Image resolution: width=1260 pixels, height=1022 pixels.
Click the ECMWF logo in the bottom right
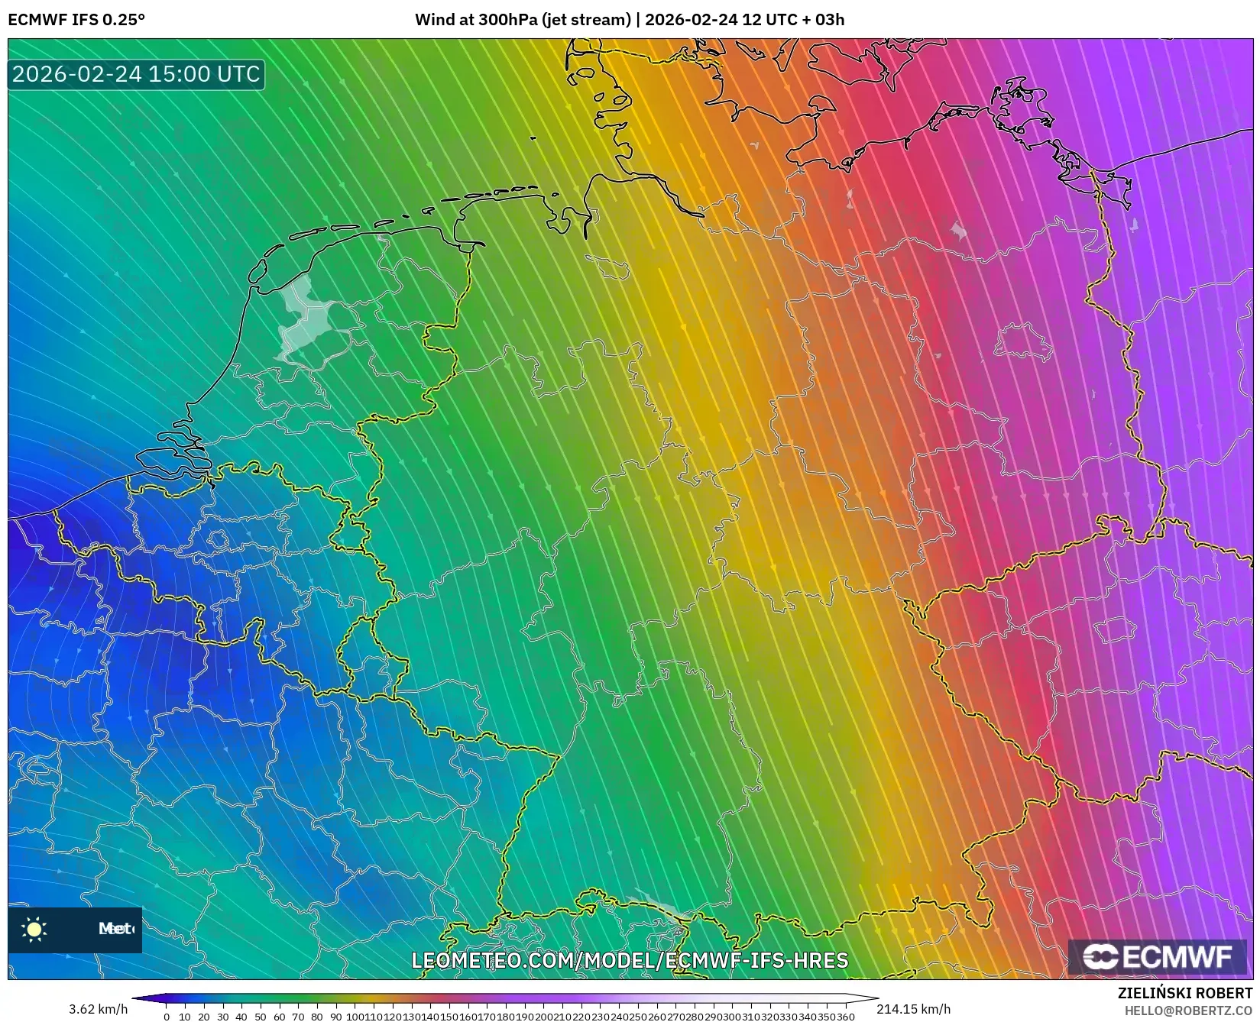click(x=1157, y=956)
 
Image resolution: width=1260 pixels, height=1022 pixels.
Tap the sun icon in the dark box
click(x=34, y=929)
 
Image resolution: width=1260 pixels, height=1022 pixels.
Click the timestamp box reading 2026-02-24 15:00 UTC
click(x=136, y=74)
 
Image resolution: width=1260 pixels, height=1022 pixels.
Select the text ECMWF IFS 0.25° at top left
click(x=76, y=20)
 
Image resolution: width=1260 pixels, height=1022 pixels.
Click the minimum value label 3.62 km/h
click(x=98, y=1010)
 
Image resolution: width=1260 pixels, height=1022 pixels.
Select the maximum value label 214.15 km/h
click(x=913, y=1010)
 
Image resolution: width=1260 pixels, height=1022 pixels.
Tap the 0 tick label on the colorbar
click(x=167, y=1017)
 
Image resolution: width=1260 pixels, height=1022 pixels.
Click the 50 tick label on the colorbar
click(x=261, y=1017)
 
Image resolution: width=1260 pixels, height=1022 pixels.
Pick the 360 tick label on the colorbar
click(x=845, y=1017)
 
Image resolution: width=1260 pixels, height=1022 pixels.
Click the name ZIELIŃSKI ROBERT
click(x=1185, y=994)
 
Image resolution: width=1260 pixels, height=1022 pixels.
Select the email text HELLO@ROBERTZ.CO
click(x=1188, y=1011)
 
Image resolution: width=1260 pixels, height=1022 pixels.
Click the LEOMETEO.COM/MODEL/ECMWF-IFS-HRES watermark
click(x=630, y=960)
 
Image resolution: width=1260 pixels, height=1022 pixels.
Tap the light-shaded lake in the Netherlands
click(x=299, y=317)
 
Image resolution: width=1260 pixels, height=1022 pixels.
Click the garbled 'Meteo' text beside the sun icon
click(x=115, y=929)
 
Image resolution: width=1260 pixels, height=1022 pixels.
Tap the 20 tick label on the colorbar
click(x=204, y=1017)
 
